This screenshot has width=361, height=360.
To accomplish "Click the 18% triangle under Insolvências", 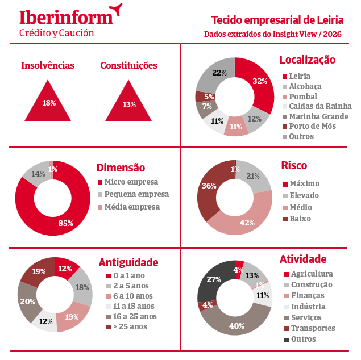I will (49, 101).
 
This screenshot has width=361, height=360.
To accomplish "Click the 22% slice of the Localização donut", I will (218, 73).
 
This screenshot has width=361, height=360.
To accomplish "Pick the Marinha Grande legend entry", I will (316, 116).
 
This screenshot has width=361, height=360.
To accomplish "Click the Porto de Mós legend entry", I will (312, 126).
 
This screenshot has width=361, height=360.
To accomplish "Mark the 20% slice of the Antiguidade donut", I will (27, 301).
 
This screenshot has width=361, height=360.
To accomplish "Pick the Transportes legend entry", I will (313, 328).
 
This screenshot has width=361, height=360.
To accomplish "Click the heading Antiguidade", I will (128, 262).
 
